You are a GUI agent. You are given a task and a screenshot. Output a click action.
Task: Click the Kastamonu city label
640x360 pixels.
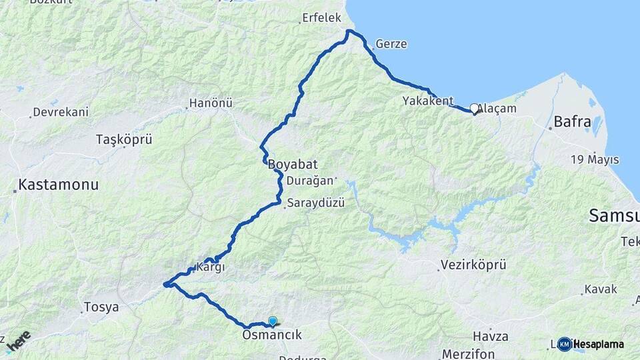tap(59, 185)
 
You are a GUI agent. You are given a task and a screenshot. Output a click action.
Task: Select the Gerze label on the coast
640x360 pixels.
tap(391, 44)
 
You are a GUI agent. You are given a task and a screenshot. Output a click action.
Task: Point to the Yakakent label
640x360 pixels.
tap(428, 101)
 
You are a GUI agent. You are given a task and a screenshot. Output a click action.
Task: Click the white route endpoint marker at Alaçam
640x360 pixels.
tap(474, 108)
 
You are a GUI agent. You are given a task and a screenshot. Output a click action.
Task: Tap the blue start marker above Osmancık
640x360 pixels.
tap(272, 321)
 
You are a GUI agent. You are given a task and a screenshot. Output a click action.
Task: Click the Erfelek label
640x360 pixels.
tap(321, 18)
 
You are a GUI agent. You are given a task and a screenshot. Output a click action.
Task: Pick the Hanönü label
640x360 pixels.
tap(211, 103)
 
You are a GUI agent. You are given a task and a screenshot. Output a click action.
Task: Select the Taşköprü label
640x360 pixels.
tap(125, 140)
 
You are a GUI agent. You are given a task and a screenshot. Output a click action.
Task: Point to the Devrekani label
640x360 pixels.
tap(61, 112)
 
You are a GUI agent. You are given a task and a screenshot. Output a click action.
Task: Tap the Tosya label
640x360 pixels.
tap(101, 308)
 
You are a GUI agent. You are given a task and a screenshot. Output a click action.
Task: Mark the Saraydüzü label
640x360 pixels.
tap(316, 203)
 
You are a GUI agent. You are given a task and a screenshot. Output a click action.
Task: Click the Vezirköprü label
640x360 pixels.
tap(473, 265)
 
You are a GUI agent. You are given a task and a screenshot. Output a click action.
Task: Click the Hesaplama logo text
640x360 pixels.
tap(598, 344)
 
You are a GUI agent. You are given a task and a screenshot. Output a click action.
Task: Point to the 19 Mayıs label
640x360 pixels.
tap(595, 160)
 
